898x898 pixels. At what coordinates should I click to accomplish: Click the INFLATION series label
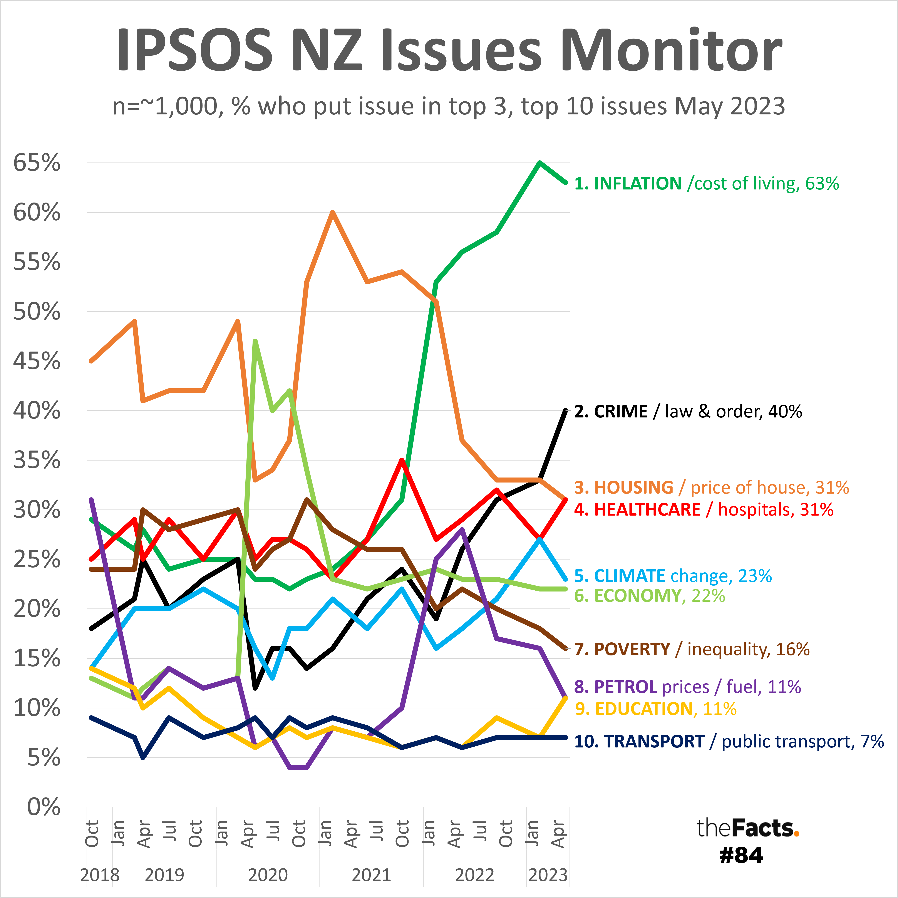point(707,184)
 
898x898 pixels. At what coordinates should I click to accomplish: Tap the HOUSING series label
point(711,488)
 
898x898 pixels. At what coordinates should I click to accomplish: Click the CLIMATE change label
point(673,576)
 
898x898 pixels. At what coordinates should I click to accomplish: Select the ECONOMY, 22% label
point(649,596)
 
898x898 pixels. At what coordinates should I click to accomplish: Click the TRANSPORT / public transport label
point(728,741)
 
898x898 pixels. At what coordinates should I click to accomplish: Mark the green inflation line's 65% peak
point(539,163)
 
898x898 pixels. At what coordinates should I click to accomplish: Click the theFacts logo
point(747,828)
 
